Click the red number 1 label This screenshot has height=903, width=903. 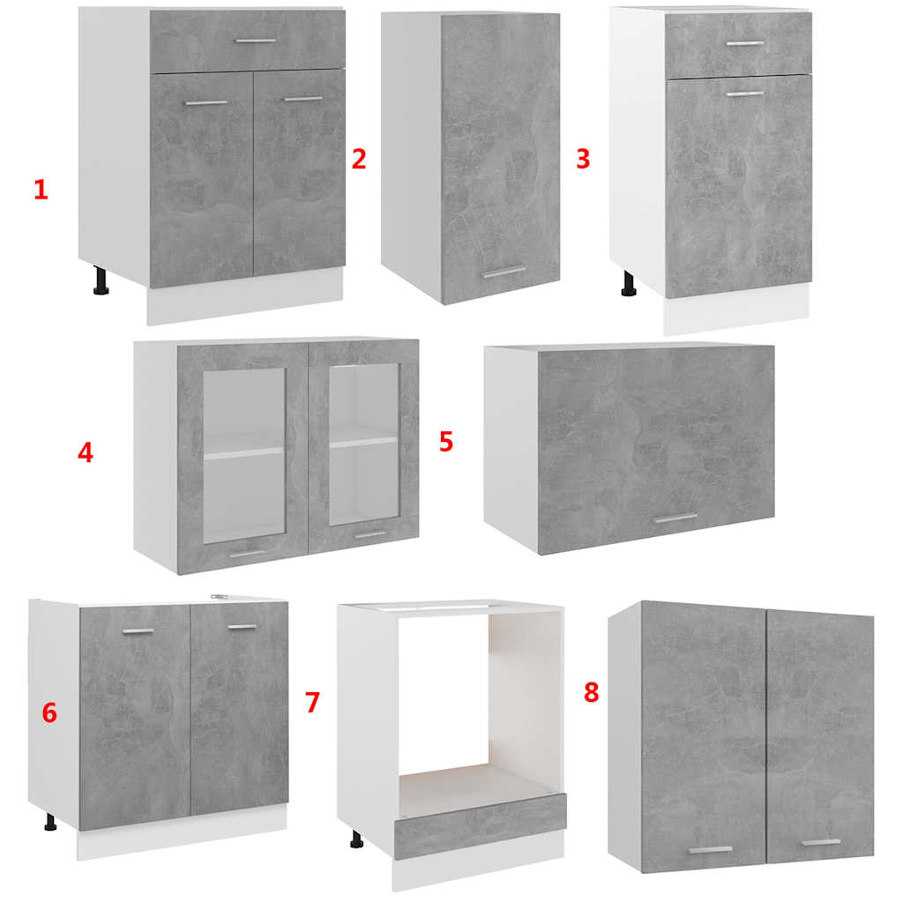41,190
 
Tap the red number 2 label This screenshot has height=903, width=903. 359,159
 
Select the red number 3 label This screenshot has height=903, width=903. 583,159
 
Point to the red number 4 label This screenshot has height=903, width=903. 86,452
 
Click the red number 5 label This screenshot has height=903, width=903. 446,441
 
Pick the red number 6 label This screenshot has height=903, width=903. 49,713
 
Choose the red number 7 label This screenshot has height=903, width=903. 312,702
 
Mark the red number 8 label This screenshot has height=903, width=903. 592,692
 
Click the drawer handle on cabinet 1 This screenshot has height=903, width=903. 257,41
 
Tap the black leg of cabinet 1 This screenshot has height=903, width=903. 101,280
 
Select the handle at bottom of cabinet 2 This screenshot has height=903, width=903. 504,272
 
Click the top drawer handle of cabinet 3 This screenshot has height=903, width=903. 744,43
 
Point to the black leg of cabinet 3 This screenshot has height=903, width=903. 628,284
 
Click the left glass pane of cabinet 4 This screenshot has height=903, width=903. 244,454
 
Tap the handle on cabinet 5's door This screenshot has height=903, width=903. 675,519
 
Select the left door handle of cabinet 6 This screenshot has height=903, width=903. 138,631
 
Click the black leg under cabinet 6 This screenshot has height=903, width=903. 50,823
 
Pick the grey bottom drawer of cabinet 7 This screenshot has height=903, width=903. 480,825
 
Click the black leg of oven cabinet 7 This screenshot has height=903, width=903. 357,840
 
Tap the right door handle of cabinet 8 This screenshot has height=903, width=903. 821,842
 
